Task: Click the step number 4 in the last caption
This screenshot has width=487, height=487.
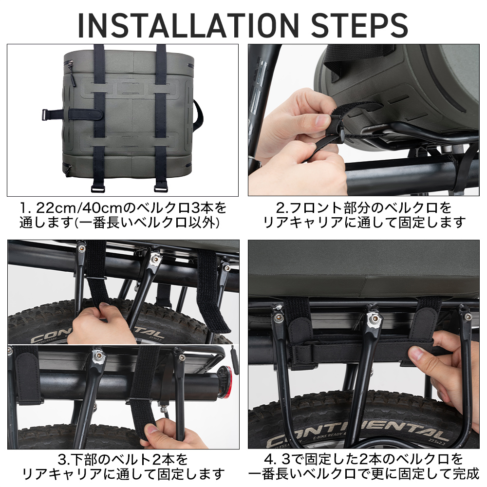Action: [x=269, y=459]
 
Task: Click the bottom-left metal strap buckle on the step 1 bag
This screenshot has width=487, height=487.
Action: [x=98, y=187]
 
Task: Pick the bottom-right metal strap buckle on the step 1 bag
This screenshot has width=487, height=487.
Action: [x=161, y=187]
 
